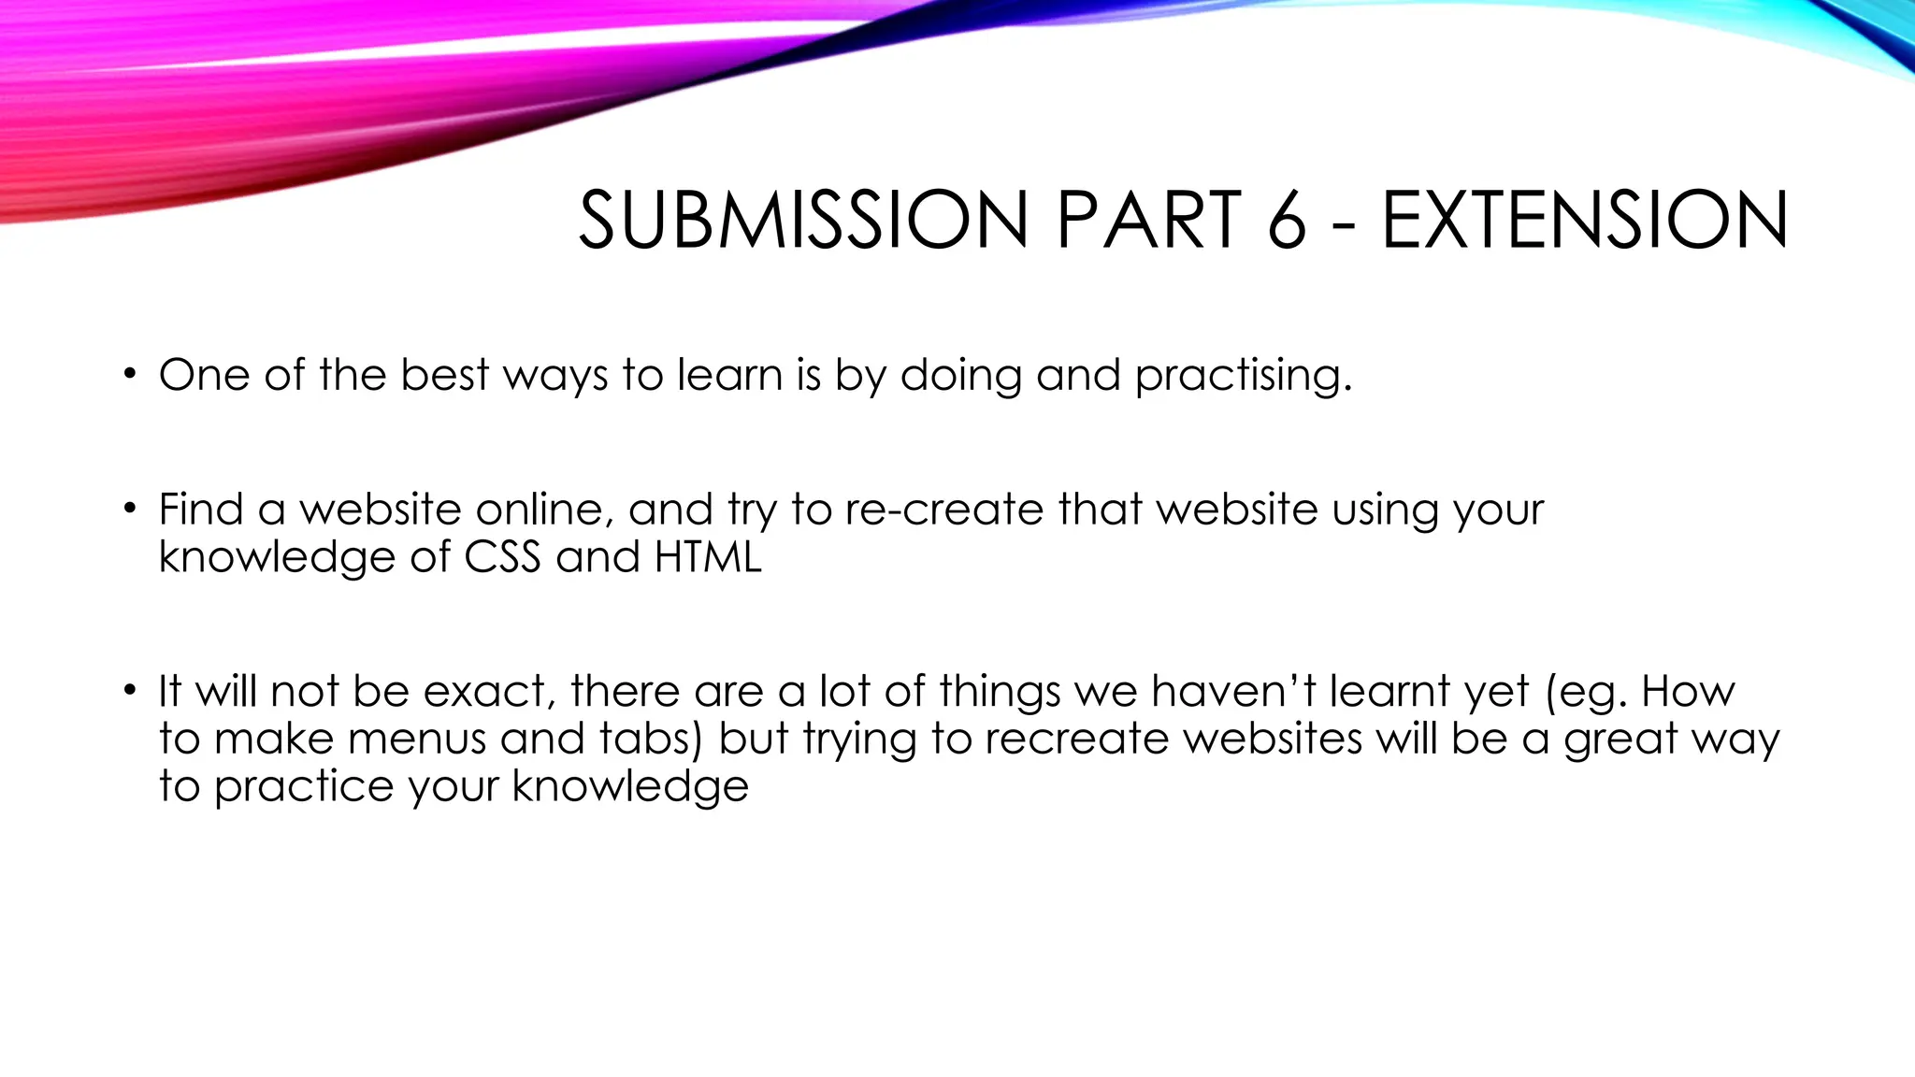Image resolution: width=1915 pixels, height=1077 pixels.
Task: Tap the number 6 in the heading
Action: click(x=1287, y=221)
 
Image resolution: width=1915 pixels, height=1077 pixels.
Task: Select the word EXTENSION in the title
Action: click(x=1585, y=221)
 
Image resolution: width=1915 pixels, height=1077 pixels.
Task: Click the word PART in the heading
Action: click(x=1149, y=221)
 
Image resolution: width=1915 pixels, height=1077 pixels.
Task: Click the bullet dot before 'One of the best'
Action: click(x=129, y=376)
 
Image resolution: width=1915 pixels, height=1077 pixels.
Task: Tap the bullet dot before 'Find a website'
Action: click(x=129, y=510)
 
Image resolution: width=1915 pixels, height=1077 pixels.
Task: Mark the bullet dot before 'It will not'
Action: click(x=129, y=693)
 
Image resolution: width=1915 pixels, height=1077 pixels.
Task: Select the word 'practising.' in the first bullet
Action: click(x=1244, y=376)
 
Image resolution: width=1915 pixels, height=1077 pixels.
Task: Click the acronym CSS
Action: click(x=502, y=557)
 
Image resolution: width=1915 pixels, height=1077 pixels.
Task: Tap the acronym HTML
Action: click(x=708, y=557)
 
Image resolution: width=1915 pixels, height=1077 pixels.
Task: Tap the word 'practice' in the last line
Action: click(x=304, y=786)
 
